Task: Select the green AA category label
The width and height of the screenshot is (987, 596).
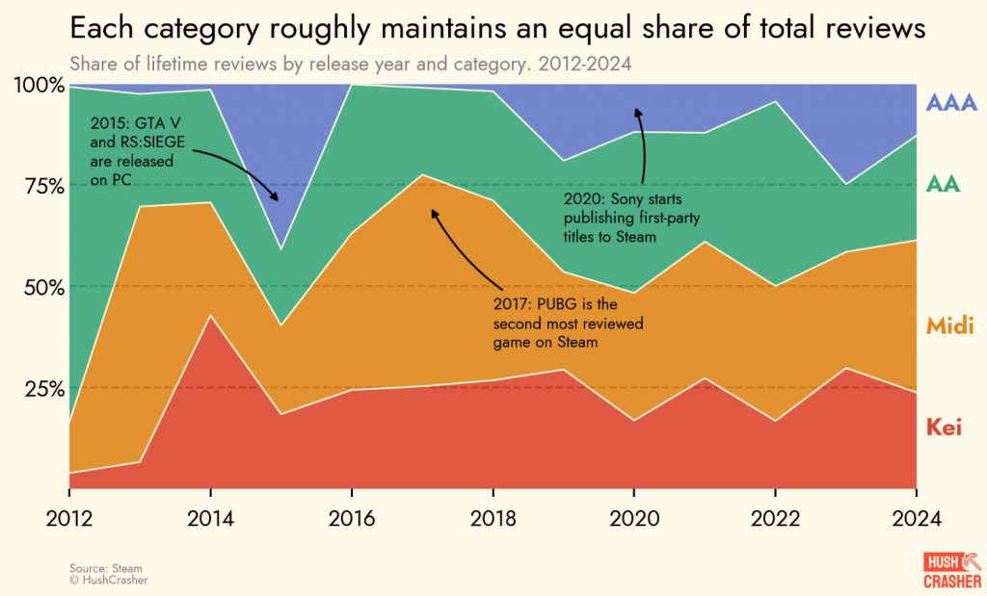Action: pyautogui.click(x=943, y=184)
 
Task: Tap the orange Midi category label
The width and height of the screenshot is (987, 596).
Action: pyautogui.click(x=949, y=326)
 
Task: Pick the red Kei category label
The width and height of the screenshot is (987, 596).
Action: pyautogui.click(x=944, y=428)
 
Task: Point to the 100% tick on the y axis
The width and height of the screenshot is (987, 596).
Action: pyautogui.click(x=40, y=86)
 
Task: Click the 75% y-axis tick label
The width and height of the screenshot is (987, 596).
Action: pyautogui.click(x=43, y=186)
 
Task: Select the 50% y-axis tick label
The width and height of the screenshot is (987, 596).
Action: pyautogui.click(x=43, y=287)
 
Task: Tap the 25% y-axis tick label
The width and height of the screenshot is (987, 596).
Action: pyautogui.click(x=43, y=388)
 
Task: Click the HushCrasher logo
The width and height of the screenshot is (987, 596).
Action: pyautogui.click(x=951, y=569)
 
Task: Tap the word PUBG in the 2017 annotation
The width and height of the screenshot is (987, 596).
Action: pyautogui.click(x=552, y=307)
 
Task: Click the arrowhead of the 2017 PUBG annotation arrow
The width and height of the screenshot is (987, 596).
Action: pyautogui.click(x=432, y=211)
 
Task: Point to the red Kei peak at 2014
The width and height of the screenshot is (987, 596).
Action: pyautogui.click(x=210, y=316)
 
